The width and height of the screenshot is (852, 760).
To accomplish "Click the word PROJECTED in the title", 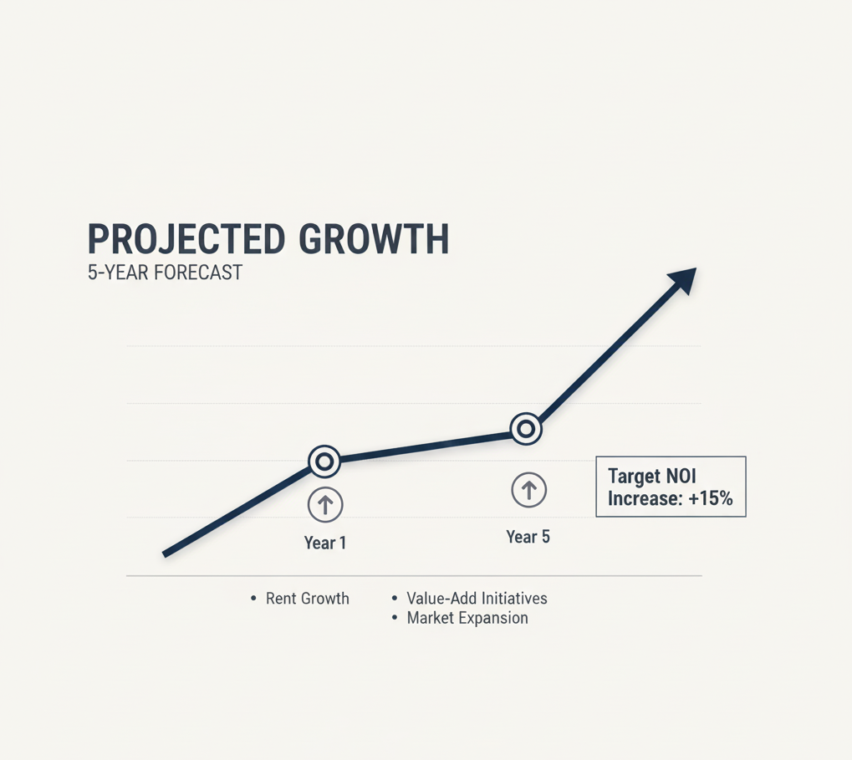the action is click(186, 239).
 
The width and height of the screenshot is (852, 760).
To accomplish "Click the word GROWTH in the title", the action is click(374, 239).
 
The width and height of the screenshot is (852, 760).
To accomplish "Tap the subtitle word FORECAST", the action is click(198, 273).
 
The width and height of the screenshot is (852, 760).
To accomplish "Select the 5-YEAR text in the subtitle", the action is click(119, 273).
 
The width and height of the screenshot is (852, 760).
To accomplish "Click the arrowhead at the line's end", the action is click(684, 279).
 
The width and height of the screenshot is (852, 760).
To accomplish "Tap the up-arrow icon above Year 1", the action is click(325, 505).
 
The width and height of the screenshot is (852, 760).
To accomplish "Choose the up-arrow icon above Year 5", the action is click(528, 490).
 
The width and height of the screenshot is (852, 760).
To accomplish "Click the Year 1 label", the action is click(325, 543).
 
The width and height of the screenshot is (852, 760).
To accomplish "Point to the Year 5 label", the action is click(528, 537).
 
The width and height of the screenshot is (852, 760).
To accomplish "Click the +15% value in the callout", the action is click(711, 498).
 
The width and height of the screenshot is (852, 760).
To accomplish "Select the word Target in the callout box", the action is click(632, 477).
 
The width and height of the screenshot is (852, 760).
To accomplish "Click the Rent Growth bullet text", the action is click(308, 599).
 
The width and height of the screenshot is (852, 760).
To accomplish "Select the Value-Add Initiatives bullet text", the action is click(477, 599).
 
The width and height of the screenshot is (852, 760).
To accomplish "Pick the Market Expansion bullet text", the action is click(467, 618).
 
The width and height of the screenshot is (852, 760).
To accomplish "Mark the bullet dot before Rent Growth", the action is click(253, 599).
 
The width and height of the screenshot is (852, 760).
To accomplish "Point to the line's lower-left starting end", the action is click(165, 554).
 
